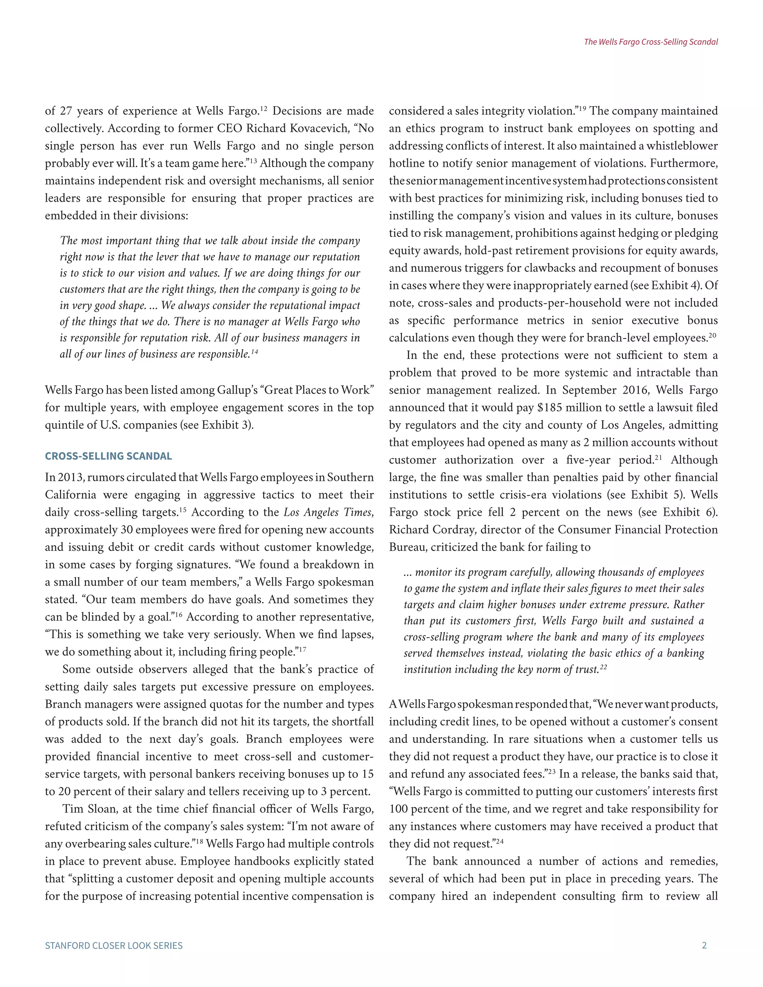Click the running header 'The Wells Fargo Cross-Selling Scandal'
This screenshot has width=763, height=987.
coord(650,42)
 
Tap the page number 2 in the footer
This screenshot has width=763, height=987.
coord(704,945)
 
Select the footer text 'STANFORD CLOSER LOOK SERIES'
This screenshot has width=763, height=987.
coord(114,945)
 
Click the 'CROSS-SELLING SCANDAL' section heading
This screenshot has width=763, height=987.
coord(108,456)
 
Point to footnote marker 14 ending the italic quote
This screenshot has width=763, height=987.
coord(254,352)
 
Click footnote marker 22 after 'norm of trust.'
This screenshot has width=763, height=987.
coord(604,667)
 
